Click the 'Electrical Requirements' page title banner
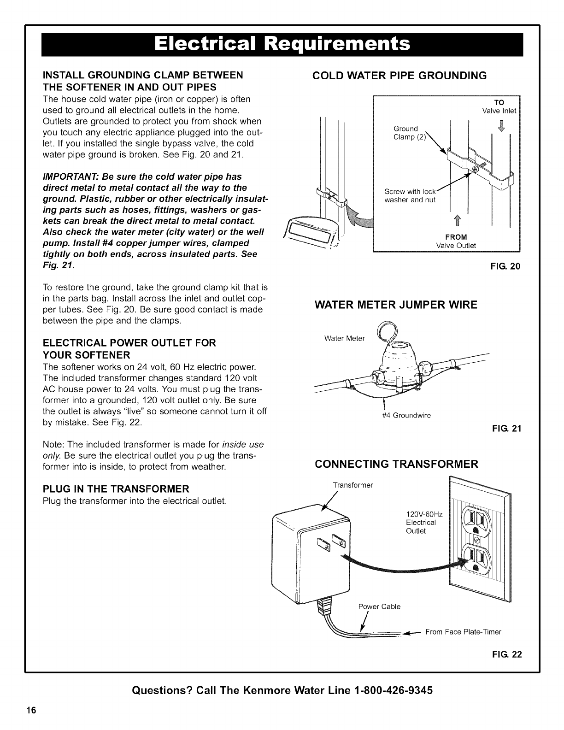pyautogui.click(x=282, y=44)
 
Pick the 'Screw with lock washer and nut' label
pyautogui.click(x=410, y=196)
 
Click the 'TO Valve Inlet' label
pyautogui.click(x=499, y=106)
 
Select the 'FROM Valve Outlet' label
pyautogui.click(x=456, y=241)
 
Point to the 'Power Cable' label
pyautogui.click(x=379, y=606)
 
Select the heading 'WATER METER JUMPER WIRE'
pyautogui.click(x=396, y=305)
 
